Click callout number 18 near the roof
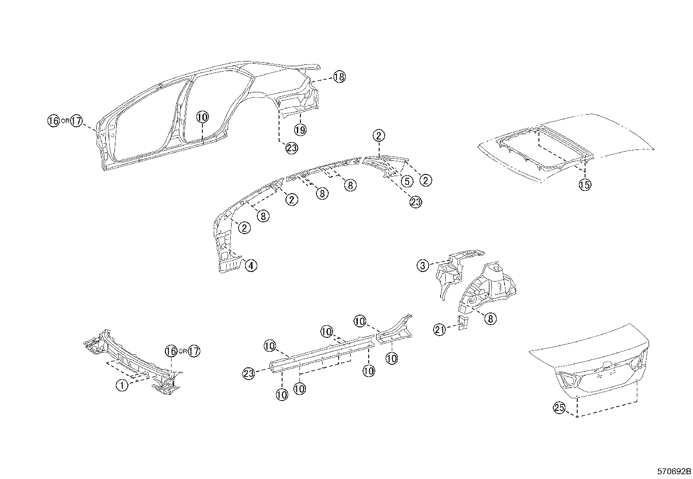(339, 77)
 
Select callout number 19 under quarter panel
(300, 129)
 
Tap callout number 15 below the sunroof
(585, 185)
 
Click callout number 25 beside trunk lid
(559, 408)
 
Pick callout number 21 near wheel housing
(440, 330)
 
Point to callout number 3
(423, 265)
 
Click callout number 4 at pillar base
(250, 265)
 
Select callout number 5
(406, 181)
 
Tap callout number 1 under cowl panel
(122, 385)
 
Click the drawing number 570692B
(674, 472)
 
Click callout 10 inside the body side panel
(202, 117)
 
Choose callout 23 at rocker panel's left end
(249, 373)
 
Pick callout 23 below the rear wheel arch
(292, 148)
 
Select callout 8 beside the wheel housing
(490, 319)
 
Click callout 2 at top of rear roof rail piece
(379, 136)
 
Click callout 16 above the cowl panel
(171, 351)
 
